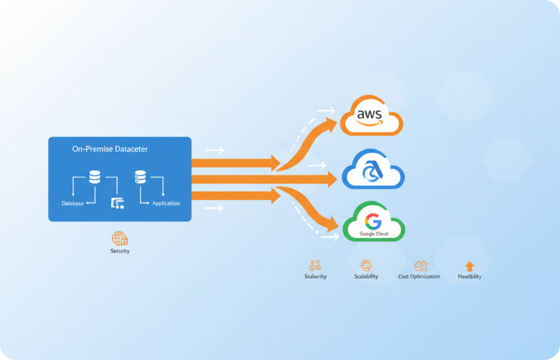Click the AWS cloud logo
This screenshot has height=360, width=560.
[x=371, y=115]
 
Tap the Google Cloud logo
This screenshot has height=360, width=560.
[x=373, y=221]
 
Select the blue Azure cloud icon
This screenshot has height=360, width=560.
[x=373, y=169]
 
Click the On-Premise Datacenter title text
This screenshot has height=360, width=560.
[x=110, y=149]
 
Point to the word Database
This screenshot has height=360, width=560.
[x=73, y=203]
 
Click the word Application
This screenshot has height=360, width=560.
[x=166, y=203]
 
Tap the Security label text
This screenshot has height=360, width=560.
[x=120, y=251]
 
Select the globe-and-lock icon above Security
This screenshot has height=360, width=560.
[x=119, y=238]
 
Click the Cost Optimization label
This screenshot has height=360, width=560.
[x=419, y=277]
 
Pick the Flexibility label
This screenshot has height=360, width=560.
[x=469, y=277]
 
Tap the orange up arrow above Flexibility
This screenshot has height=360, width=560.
[x=469, y=266]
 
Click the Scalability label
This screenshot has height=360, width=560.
[x=366, y=276]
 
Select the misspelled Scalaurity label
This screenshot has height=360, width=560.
[x=315, y=276]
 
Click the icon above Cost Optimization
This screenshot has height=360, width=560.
[x=421, y=266]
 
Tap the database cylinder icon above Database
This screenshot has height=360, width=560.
[x=95, y=177]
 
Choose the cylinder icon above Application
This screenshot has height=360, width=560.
[x=141, y=177]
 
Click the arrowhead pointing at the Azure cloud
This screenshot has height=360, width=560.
[x=333, y=179]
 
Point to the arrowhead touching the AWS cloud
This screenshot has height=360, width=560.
[x=331, y=124]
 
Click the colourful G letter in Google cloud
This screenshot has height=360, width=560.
[x=373, y=221]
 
